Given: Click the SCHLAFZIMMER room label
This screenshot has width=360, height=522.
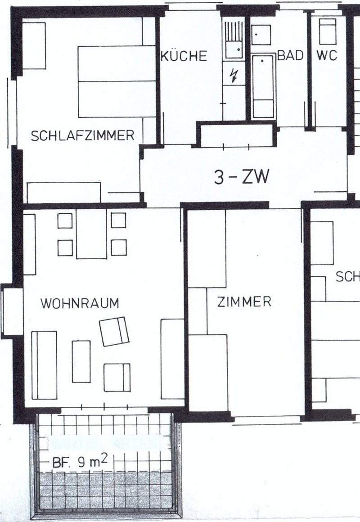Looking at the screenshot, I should click(83, 135).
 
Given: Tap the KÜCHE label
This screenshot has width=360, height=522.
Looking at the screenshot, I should click(184, 56).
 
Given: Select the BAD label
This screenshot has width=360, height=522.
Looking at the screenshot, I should click(290, 56).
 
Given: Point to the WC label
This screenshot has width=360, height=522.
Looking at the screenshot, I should click(327, 56).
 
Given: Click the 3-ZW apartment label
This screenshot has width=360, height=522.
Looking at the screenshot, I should click(242, 178).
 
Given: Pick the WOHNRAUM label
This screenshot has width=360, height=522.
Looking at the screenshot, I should click(80, 303).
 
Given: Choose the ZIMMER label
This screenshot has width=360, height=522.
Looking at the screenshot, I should click(244, 301).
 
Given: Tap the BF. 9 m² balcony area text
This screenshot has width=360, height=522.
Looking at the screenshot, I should click(81, 462).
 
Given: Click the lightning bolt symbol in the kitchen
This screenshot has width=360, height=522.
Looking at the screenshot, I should click(234, 75).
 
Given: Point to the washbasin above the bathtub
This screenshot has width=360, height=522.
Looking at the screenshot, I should click(261, 35).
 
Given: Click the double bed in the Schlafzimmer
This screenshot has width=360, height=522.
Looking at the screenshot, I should click(117, 81).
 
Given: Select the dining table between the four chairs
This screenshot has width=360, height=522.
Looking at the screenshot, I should click(91, 234).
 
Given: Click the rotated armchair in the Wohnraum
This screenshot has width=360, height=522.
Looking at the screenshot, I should click(114, 331).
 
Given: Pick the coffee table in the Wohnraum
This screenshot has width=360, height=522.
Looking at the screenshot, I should click(81, 361).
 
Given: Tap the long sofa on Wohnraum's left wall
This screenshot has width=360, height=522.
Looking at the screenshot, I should click(44, 365).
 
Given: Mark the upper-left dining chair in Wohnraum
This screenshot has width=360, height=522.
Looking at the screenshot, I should click(65, 220).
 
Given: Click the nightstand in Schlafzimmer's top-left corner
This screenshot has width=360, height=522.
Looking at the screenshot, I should click(34, 46).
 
